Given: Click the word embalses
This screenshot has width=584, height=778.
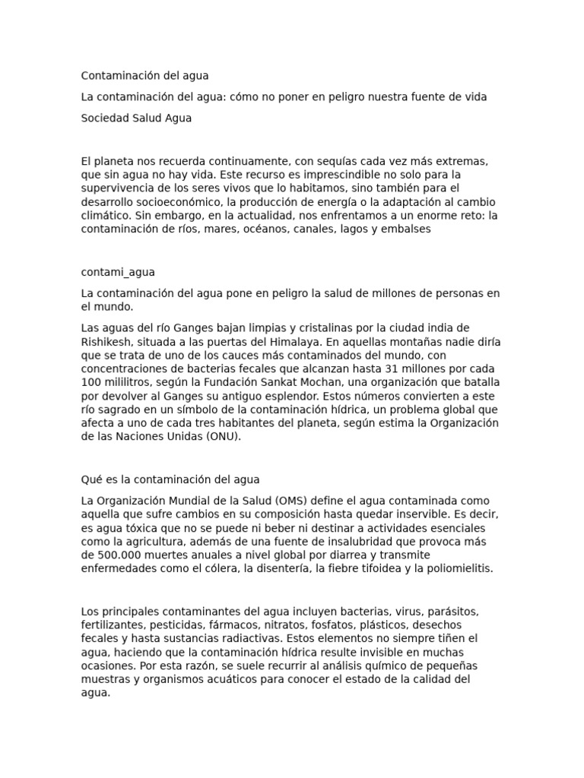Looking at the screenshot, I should [405, 228].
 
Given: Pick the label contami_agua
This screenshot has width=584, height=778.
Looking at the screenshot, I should [118, 272].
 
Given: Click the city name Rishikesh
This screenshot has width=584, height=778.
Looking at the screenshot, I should [106, 341].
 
